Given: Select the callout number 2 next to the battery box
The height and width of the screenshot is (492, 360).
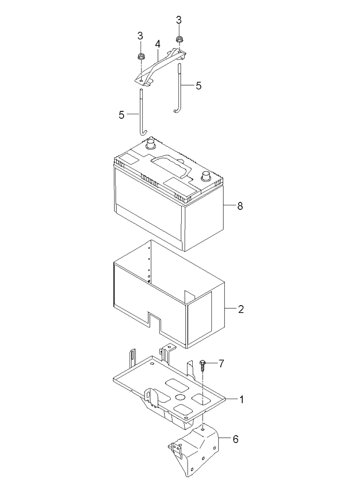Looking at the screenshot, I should [241, 309].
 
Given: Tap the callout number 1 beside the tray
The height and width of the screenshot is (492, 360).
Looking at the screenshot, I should [242, 399].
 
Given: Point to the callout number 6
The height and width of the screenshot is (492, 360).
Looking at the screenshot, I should [236, 439].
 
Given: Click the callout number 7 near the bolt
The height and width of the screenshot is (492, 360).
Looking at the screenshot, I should [221, 363].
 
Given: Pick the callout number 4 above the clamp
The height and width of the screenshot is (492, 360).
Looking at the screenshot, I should [157, 44].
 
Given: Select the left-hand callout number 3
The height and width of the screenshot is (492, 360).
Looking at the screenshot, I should [140, 35].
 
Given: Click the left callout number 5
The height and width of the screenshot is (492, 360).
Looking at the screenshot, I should [121, 114].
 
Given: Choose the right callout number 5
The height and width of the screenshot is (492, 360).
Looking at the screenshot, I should [199, 85].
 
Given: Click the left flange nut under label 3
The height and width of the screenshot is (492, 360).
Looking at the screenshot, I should [141, 57].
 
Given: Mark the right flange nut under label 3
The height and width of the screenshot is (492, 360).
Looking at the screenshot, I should [179, 41].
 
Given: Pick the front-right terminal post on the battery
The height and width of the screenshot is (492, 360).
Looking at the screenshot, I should [205, 175].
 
